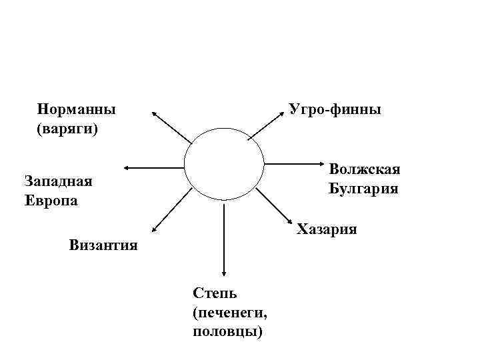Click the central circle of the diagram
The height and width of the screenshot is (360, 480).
224,168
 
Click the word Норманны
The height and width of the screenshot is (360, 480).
77,108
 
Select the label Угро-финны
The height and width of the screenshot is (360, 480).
335,108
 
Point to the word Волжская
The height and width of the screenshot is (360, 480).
364,169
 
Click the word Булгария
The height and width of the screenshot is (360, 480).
363,189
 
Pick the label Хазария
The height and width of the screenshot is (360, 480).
327,230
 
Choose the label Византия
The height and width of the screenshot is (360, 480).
103,245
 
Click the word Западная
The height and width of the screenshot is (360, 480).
57,181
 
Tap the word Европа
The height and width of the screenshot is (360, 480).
51,200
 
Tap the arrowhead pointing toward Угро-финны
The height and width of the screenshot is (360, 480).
285,111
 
